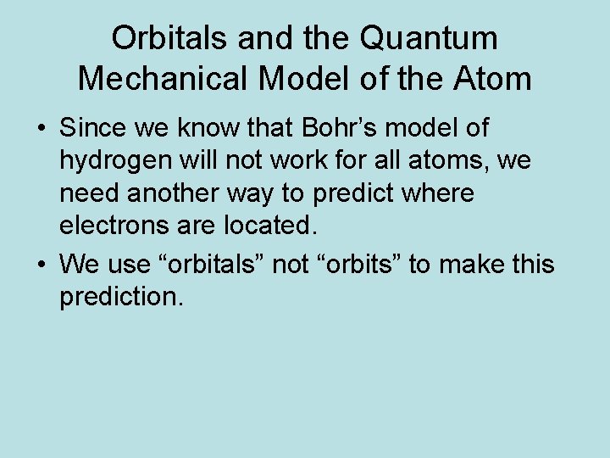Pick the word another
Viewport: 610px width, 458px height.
point(176,194)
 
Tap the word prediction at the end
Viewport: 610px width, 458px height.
point(120,298)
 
